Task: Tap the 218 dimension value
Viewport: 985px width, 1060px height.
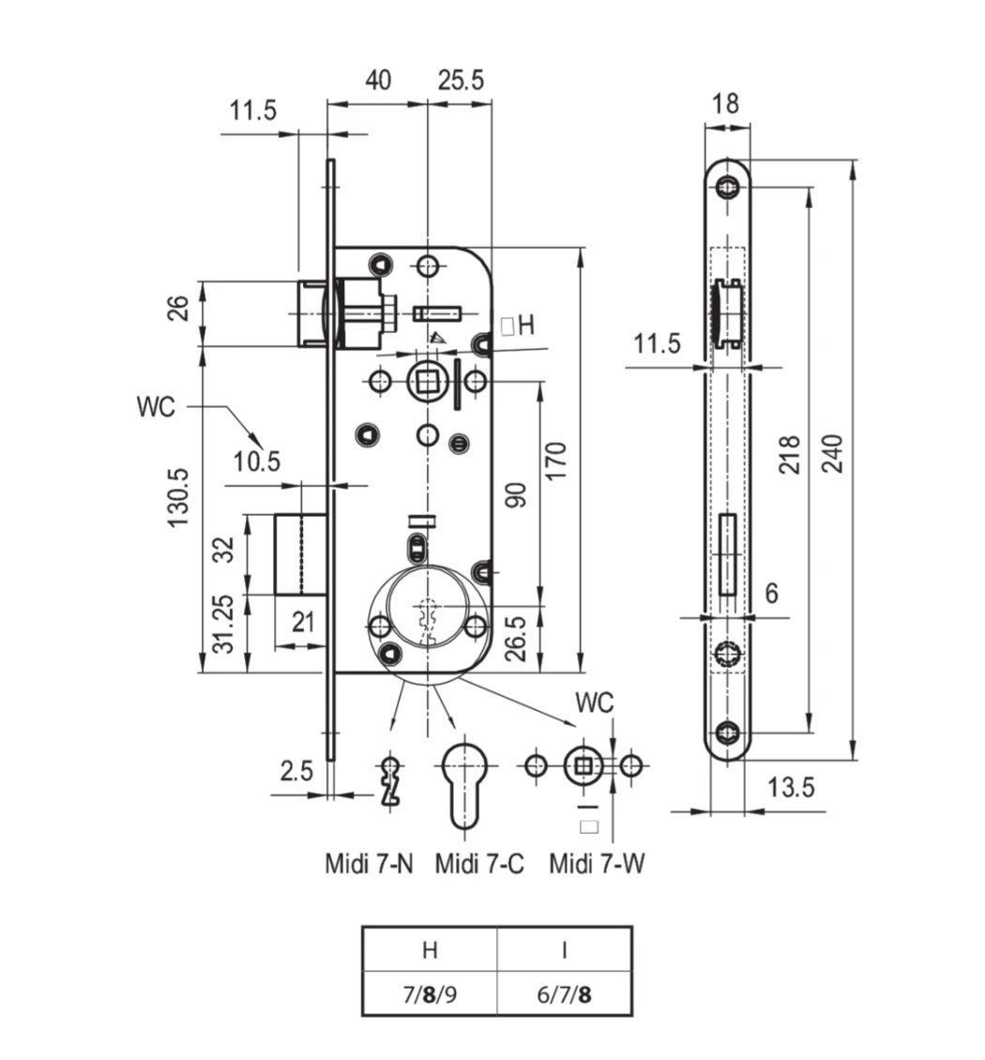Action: pyautogui.click(x=789, y=454)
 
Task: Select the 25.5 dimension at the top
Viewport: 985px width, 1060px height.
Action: pyautogui.click(x=461, y=80)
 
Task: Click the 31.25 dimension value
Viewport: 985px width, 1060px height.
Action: pyautogui.click(x=224, y=623)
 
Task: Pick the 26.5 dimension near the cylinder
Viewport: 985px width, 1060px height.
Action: pyautogui.click(x=515, y=638)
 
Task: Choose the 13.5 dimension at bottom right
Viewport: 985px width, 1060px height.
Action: pyautogui.click(x=791, y=788)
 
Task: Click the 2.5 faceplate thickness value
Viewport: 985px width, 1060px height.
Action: pyautogui.click(x=296, y=771)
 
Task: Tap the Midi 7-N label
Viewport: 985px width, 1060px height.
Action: pyautogui.click(x=369, y=863)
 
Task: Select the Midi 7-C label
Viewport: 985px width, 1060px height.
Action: pyautogui.click(x=479, y=863)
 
